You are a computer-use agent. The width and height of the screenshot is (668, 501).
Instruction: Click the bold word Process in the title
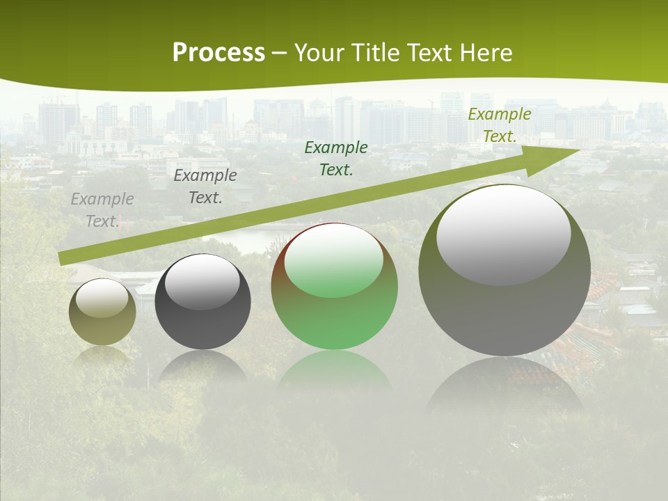click(218, 53)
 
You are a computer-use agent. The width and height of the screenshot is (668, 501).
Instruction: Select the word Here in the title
click(484, 53)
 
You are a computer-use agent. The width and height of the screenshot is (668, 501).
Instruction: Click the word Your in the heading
click(319, 53)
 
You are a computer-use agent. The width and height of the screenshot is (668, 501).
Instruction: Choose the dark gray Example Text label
click(205, 186)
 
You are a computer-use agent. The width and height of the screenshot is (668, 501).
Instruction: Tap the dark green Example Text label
click(336, 158)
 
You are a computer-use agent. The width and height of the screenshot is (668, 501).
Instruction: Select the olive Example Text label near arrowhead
click(500, 125)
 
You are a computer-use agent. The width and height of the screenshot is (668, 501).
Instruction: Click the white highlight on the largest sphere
click(504, 234)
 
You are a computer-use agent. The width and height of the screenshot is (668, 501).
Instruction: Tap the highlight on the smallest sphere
click(102, 298)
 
